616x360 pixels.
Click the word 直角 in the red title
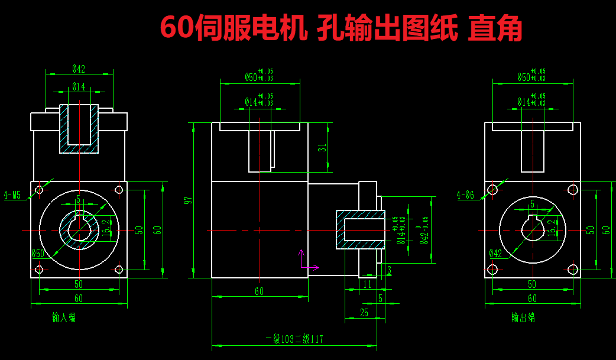click(x=494, y=28)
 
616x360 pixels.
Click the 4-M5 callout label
click(x=12, y=195)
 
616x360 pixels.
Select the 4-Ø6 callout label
click(x=466, y=195)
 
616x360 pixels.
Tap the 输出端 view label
click(x=523, y=317)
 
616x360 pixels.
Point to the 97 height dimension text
click(x=188, y=200)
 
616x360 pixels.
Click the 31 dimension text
click(x=322, y=148)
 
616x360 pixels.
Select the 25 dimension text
click(x=364, y=313)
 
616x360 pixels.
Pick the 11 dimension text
click(x=367, y=284)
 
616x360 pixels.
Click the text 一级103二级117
click(x=294, y=339)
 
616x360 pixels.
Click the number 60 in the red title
click(x=176, y=28)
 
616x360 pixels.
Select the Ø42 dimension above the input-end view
click(x=79, y=69)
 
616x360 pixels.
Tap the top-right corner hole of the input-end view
click(x=118, y=189)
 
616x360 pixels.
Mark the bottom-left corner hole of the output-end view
click(x=492, y=270)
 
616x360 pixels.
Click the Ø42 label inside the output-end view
click(x=495, y=254)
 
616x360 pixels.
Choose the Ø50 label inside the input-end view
click(x=38, y=254)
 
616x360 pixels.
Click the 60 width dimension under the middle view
click(x=259, y=291)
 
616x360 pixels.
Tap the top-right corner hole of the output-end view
click(x=572, y=189)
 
